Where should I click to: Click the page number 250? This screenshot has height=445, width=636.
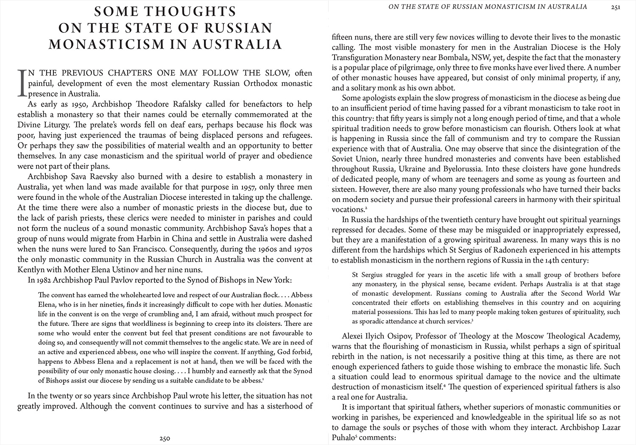tap(165, 439)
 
